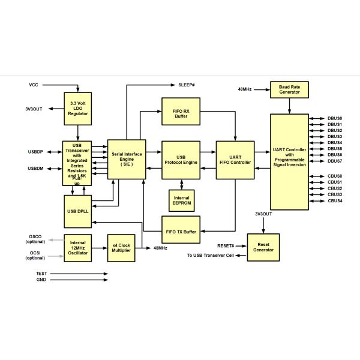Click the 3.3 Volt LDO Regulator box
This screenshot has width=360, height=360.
pos(77,108)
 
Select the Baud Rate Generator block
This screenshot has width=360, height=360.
pos(290,89)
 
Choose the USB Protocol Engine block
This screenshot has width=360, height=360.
pos(181,160)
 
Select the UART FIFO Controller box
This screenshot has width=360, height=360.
pos(235,160)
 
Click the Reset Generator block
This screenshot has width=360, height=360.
pos(263,247)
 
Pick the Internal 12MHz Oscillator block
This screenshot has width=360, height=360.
pos(77,247)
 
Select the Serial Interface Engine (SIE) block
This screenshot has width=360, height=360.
pos(127,158)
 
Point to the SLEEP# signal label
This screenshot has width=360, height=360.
pos(187,85)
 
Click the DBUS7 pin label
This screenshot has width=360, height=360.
pos(335,161)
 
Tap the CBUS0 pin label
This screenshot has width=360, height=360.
pos(335,176)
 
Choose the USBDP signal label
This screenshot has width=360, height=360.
pos(35,151)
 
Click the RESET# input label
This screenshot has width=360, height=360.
pos(226,246)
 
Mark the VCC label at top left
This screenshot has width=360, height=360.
pos(34,85)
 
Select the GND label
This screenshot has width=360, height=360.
pos(41,280)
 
